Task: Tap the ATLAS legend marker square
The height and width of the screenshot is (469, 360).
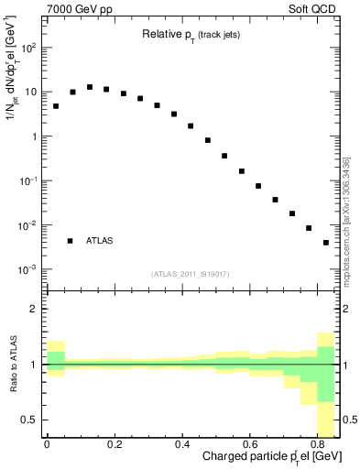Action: [70, 241]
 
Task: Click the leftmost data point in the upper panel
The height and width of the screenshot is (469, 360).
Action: [56, 106]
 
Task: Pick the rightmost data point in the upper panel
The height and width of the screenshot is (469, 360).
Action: [326, 243]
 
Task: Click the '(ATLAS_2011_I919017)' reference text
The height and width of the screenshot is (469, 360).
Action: [191, 274]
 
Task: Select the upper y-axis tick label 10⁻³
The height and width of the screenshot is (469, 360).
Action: [27, 269]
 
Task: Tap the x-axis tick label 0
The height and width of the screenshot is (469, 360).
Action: [46, 446]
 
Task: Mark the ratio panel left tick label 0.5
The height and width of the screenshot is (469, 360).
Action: [31, 420]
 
